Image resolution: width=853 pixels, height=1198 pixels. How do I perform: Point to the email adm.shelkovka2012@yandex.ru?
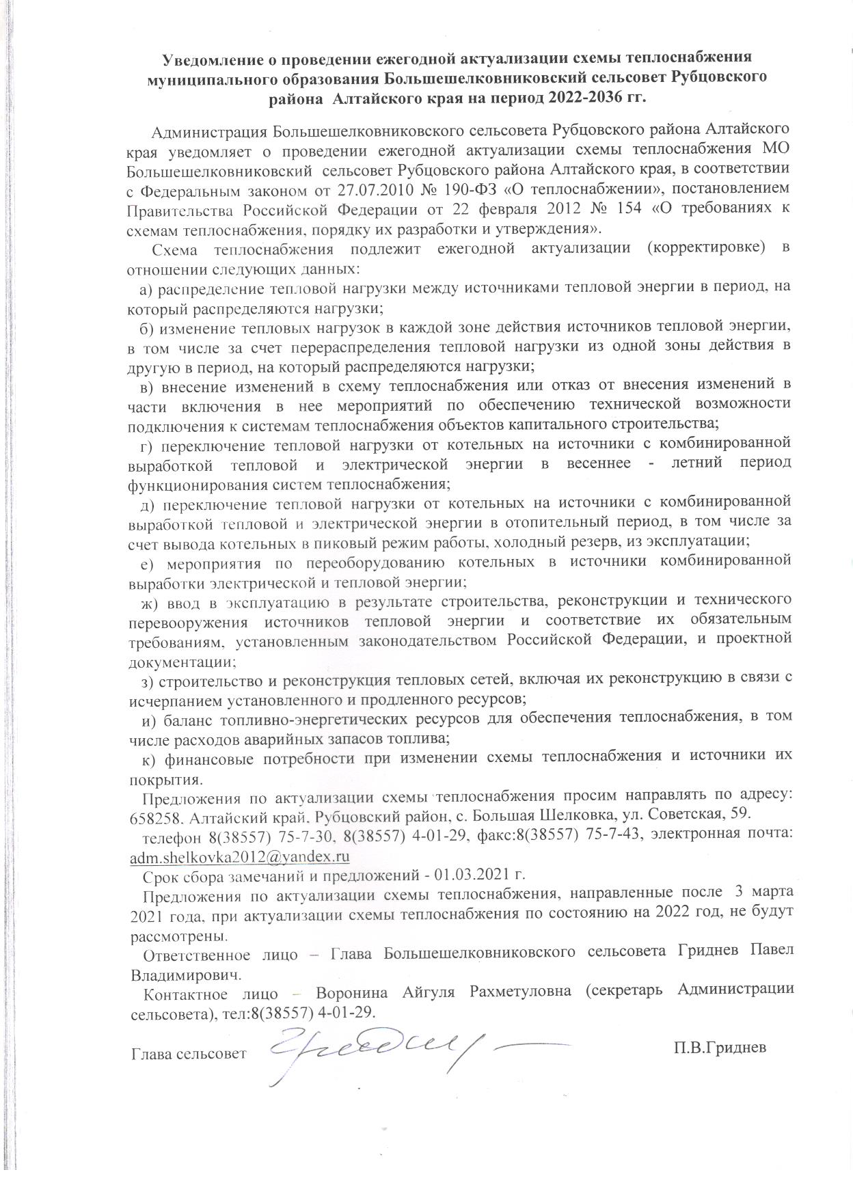click(240, 856)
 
